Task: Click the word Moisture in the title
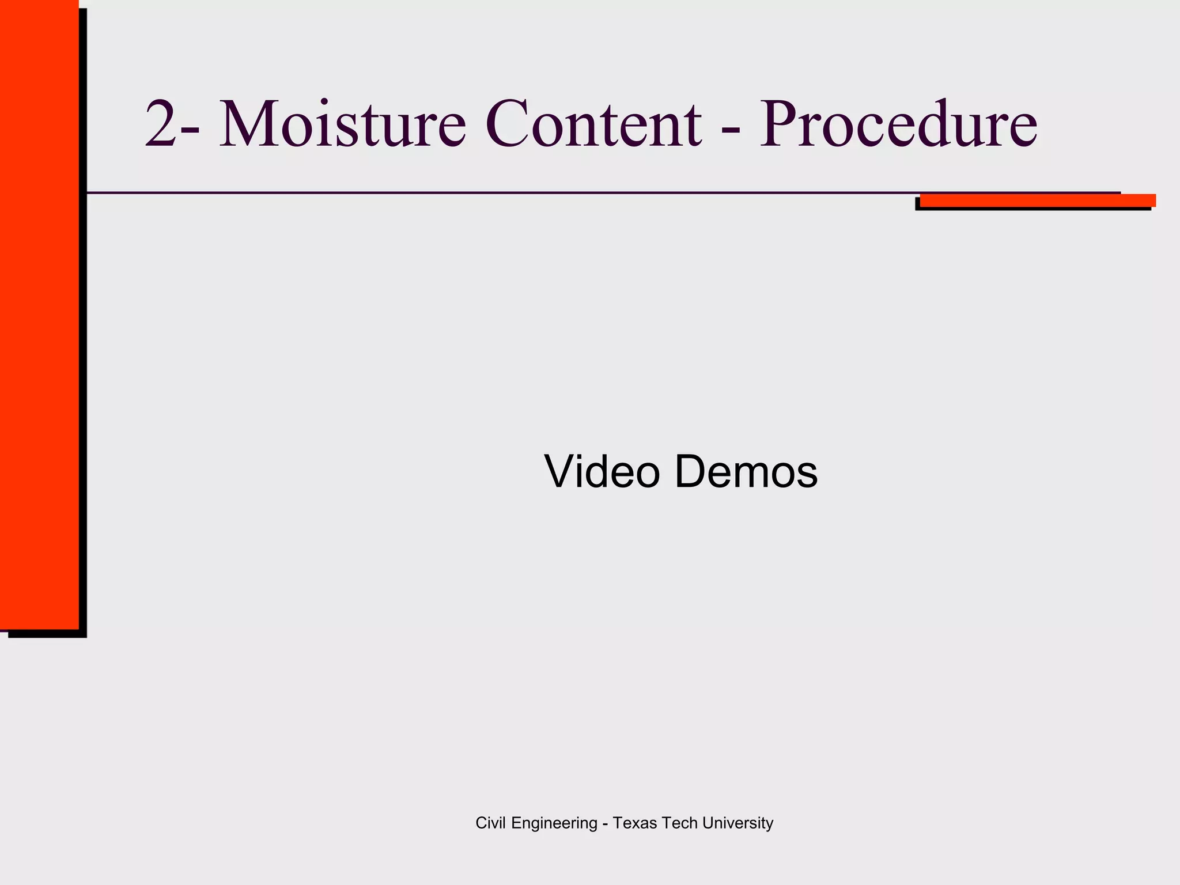click(342, 124)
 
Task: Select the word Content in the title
click(593, 124)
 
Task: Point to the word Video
click(602, 471)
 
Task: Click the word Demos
click(746, 471)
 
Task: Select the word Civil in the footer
click(491, 823)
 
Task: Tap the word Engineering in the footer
click(554, 824)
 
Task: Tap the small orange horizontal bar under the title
click(1037, 201)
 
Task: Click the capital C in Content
click(508, 124)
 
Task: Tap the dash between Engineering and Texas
click(605, 825)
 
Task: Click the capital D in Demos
click(693, 471)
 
